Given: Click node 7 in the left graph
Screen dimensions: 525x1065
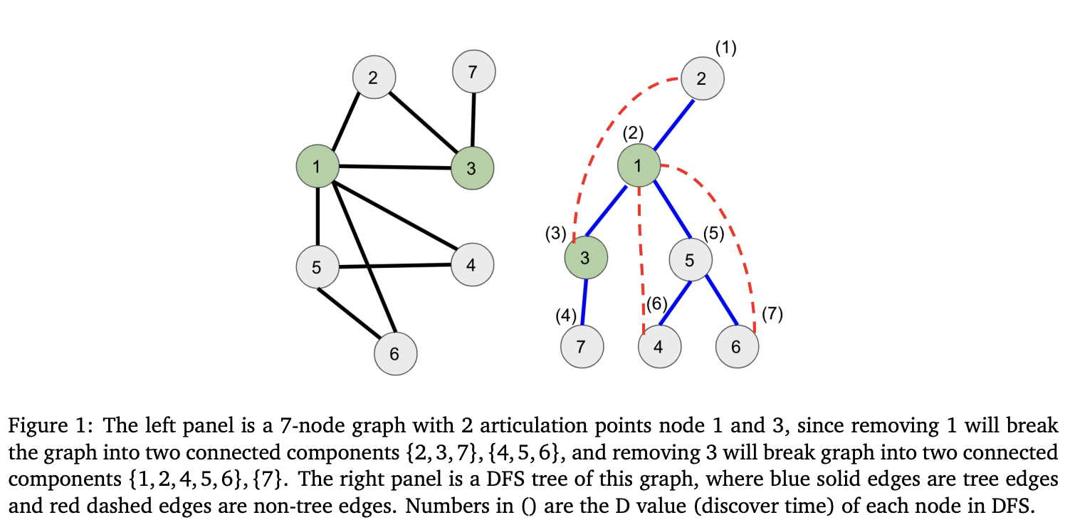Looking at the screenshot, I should [473, 71].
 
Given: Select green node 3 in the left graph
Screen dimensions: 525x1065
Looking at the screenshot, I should [472, 168].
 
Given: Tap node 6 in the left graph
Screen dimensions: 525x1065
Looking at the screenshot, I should [395, 354].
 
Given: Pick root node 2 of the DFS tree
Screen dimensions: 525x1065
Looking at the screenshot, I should [702, 78].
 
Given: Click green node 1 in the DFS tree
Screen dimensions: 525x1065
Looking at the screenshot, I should [638, 166].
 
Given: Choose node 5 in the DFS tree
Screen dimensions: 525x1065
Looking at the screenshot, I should [689, 260].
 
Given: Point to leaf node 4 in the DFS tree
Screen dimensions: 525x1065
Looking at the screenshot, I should [659, 347].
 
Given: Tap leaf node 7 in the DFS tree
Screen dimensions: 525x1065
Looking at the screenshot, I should [582, 347].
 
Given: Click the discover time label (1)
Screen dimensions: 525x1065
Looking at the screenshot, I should [725, 48].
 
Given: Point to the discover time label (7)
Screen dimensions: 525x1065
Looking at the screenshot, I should [772, 314].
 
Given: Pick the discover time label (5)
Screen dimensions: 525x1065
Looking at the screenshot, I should [713, 234].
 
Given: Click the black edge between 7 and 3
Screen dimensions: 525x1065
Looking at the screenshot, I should [473, 120].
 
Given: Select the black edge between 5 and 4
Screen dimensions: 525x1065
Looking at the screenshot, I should [395, 266].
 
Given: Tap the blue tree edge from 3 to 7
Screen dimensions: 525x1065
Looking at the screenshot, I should [584, 301].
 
